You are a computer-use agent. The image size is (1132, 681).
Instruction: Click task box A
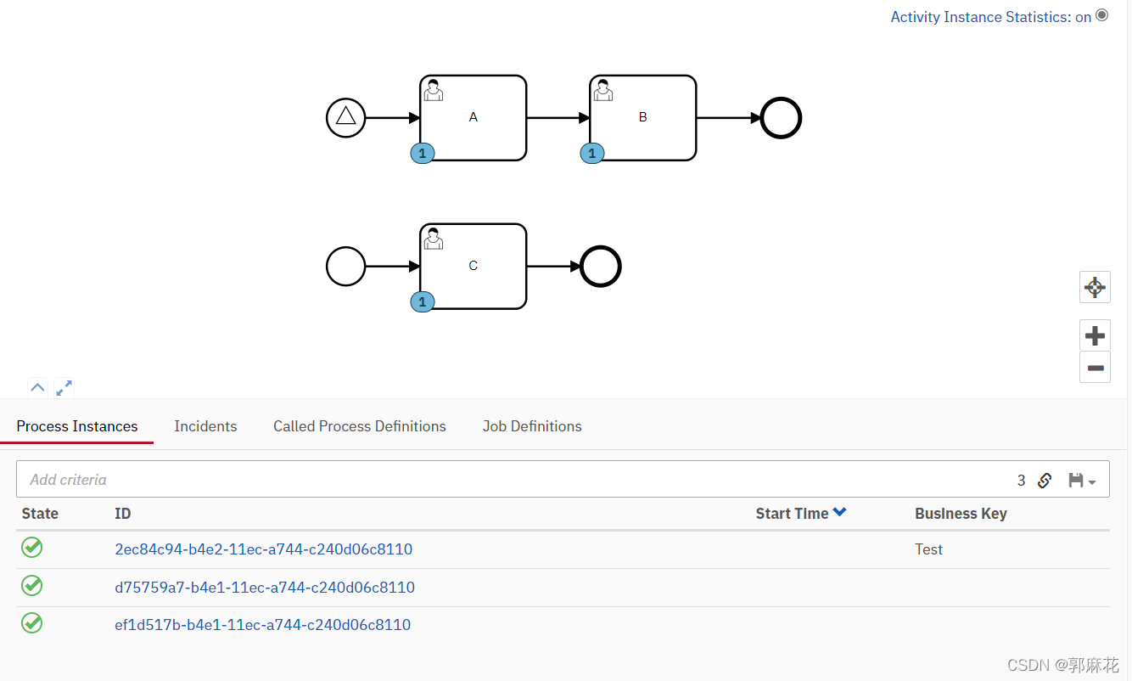pyautogui.click(x=473, y=117)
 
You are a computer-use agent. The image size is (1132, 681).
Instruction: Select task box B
pyautogui.click(x=642, y=117)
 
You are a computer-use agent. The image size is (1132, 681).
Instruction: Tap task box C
pyautogui.click(x=473, y=266)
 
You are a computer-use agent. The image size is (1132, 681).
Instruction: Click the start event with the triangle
pyautogui.click(x=345, y=117)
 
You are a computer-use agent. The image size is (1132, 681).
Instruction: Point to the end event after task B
pyautogui.click(x=781, y=118)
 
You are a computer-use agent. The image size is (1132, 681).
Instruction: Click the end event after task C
pyautogui.click(x=601, y=267)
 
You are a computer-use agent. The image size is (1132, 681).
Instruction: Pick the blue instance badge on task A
pyautogui.click(x=423, y=154)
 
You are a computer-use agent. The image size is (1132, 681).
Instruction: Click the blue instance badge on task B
pyautogui.click(x=592, y=154)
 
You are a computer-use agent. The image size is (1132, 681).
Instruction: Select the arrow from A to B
pyautogui.click(x=558, y=118)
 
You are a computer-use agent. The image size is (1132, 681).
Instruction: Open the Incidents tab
pyautogui.click(x=205, y=426)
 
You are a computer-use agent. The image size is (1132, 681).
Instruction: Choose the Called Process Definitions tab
pyautogui.click(x=359, y=426)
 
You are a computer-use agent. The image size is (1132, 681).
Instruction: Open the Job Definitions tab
pyautogui.click(x=532, y=426)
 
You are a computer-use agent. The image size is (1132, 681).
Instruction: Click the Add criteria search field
pyautogui.click(x=509, y=480)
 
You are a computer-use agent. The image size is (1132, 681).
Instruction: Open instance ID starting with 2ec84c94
pyautogui.click(x=263, y=549)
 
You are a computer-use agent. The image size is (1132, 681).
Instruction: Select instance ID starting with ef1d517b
pyautogui.click(x=262, y=625)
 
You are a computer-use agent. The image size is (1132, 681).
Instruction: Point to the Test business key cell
pyautogui.click(x=928, y=549)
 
